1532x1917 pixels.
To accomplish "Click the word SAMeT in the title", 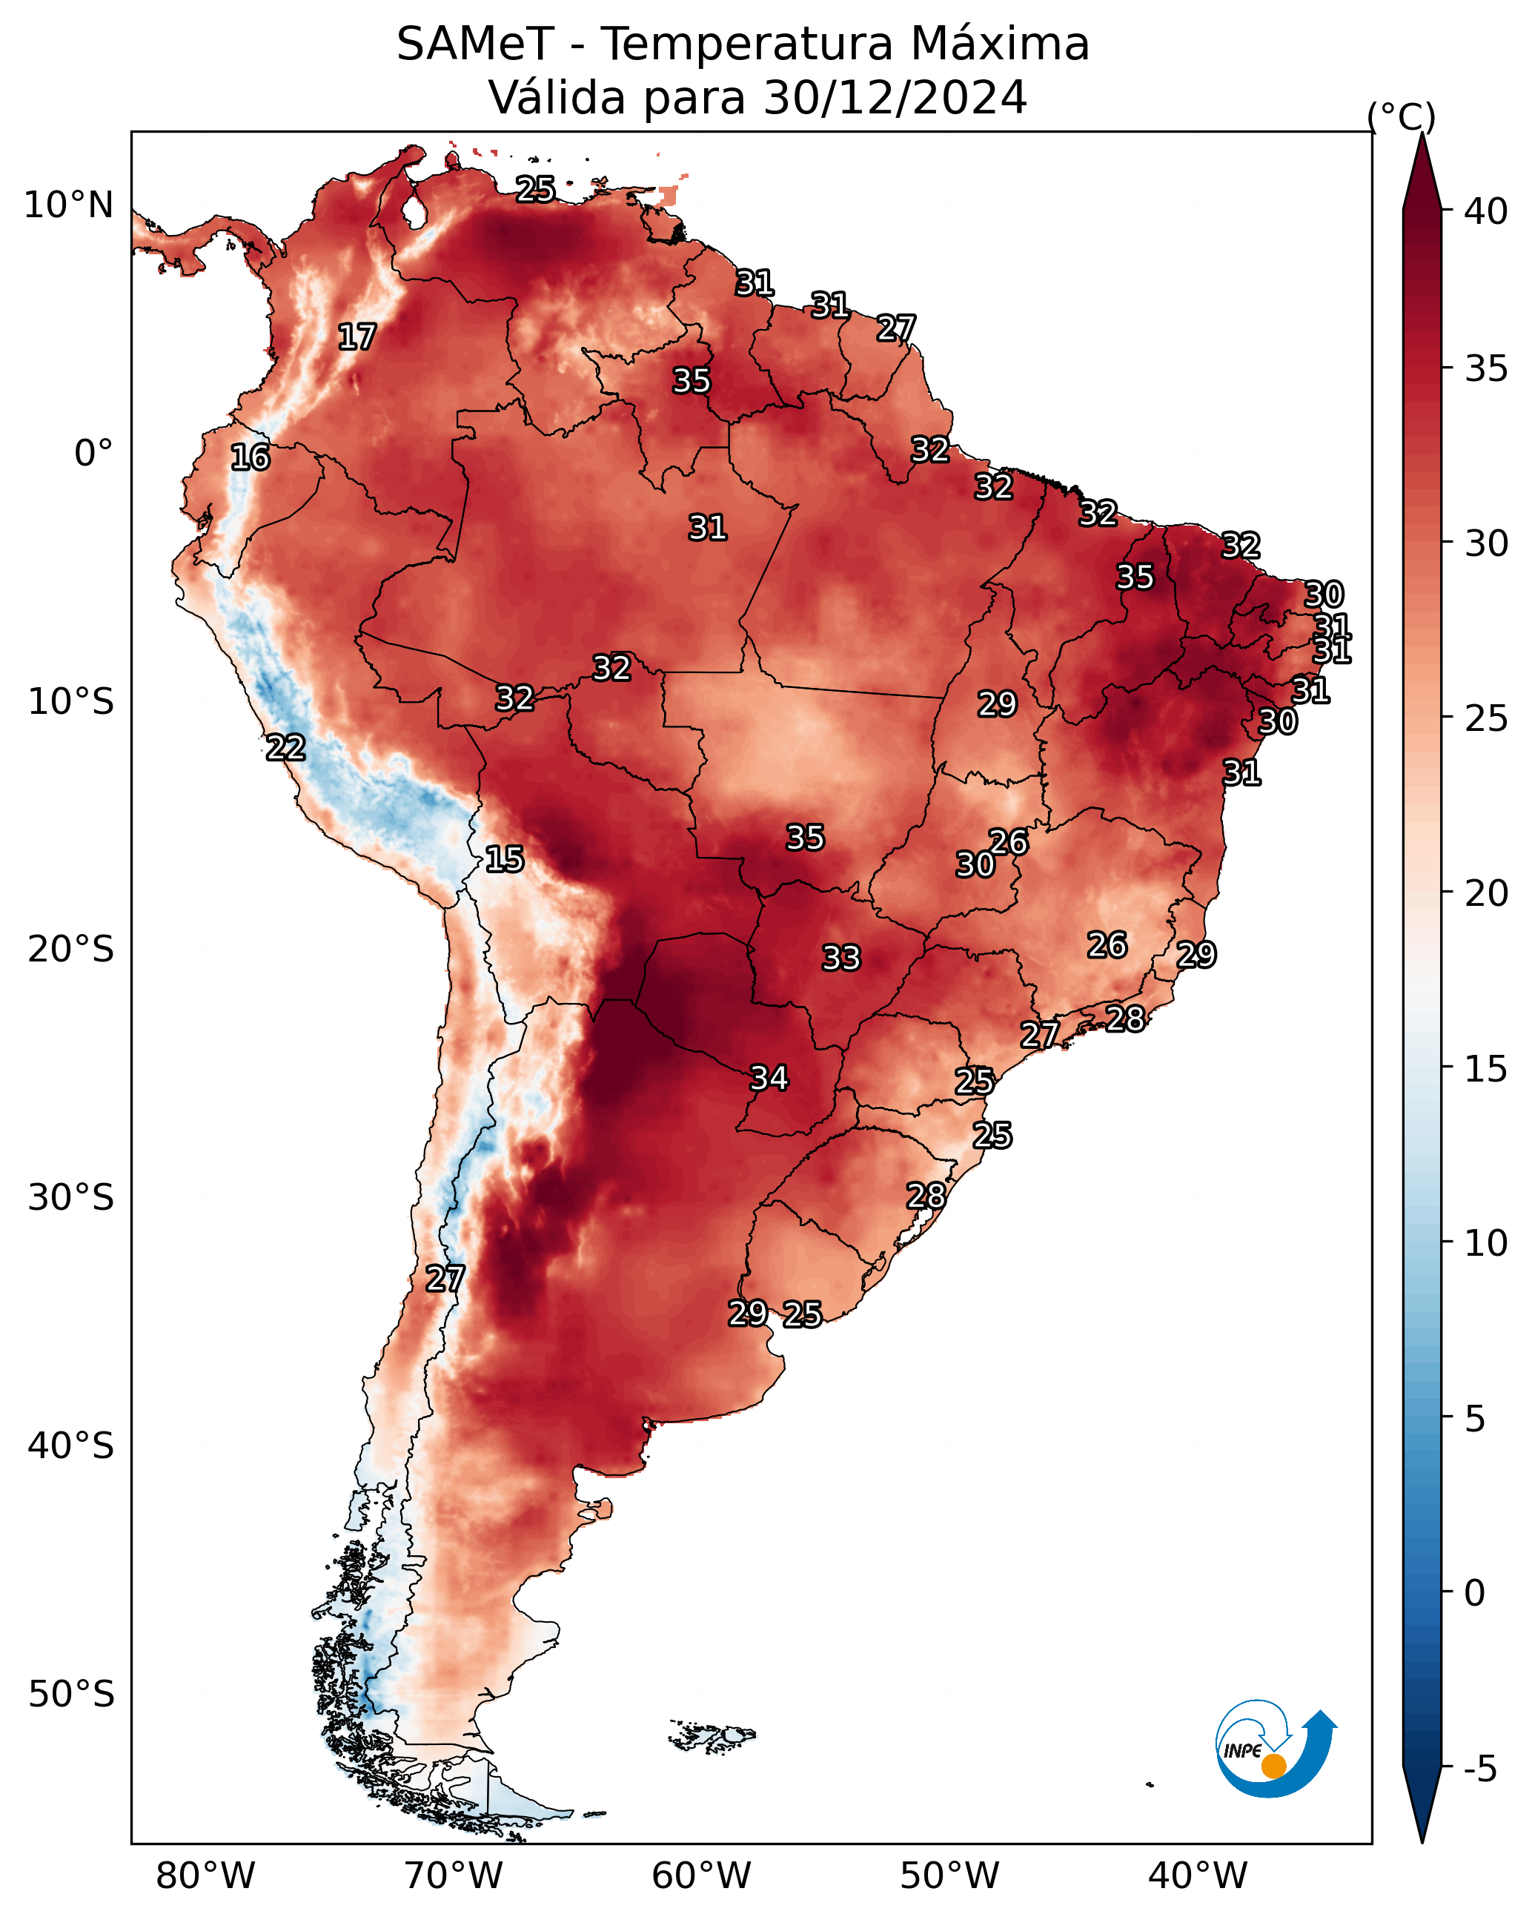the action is click(x=475, y=44).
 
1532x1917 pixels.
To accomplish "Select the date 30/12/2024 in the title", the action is click(x=895, y=97).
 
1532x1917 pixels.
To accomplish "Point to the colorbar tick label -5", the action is click(x=1480, y=1769).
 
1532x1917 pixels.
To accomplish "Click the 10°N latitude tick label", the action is click(x=68, y=205).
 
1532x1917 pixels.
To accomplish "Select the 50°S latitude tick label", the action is click(x=71, y=1695).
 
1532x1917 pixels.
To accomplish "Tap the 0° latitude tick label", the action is click(x=94, y=454).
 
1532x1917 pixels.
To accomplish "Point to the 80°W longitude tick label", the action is click(x=205, y=1876).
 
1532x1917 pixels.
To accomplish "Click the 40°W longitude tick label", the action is click(x=1198, y=1876).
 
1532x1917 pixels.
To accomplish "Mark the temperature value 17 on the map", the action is click(x=357, y=337).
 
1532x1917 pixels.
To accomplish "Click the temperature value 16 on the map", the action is click(x=250, y=458).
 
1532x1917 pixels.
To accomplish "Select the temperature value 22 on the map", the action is click(x=285, y=748).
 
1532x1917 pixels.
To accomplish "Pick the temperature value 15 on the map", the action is click(x=504, y=860).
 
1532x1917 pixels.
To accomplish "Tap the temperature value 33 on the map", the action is click(x=841, y=958).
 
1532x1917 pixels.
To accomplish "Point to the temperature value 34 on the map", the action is click(x=769, y=1079).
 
